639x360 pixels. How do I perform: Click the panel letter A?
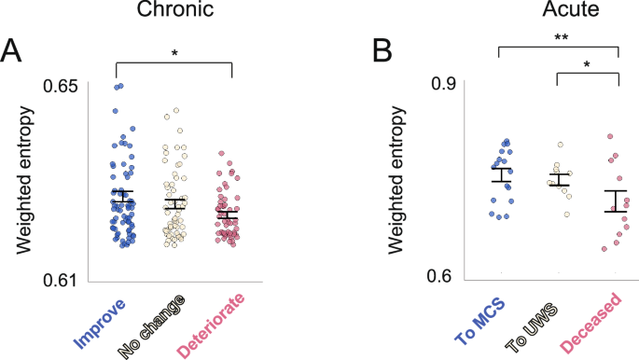(x=15, y=51)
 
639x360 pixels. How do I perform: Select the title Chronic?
(x=174, y=12)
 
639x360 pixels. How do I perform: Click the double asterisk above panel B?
(x=560, y=37)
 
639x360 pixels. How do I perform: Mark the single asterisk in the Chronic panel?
(x=174, y=55)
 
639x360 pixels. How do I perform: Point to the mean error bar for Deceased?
(x=615, y=201)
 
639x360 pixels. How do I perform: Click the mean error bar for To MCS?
(x=502, y=174)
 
